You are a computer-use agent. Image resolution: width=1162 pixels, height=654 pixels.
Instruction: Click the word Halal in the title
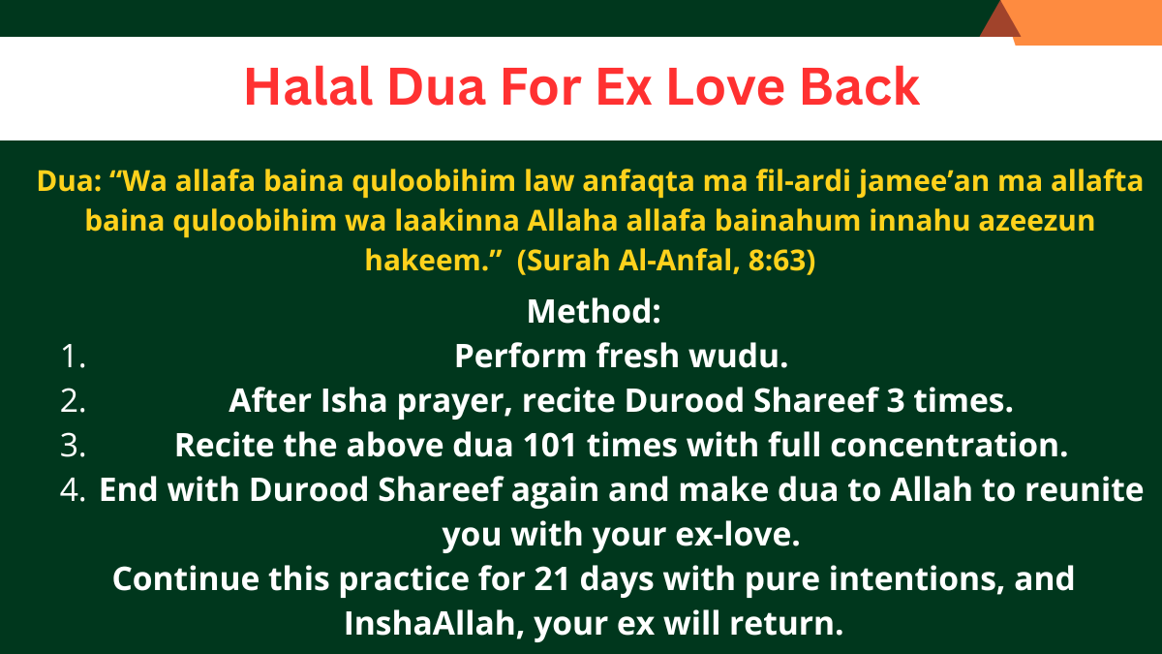pyautogui.click(x=309, y=86)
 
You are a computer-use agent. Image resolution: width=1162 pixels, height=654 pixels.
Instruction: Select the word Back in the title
pyautogui.click(x=860, y=86)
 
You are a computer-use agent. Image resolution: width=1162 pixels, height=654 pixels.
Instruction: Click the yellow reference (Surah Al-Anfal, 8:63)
pyautogui.click(x=666, y=260)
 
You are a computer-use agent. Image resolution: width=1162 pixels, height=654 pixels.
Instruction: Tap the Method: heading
pyautogui.click(x=594, y=311)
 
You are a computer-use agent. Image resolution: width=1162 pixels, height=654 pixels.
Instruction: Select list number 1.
pyautogui.click(x=74, y=357)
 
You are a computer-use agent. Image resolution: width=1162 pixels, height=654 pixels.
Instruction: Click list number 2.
pyautogui.click(x=74, y=401)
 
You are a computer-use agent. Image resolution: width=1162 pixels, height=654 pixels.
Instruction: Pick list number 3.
pyautogui.click(x=74, y=446)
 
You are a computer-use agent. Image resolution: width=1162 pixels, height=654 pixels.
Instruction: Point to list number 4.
pyautogui.click(x=74, y=490)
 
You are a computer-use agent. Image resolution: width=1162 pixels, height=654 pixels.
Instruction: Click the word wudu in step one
pyautogui.click(x=738, y=357)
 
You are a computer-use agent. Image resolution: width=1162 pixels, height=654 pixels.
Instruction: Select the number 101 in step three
pyautogui.click(x=549, y=446)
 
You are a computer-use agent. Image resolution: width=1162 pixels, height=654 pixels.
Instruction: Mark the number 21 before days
pyautogui.click(x=553, y=579)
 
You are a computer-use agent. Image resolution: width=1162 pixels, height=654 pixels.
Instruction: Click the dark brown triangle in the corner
pyautogui.click(x=999, y=21)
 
